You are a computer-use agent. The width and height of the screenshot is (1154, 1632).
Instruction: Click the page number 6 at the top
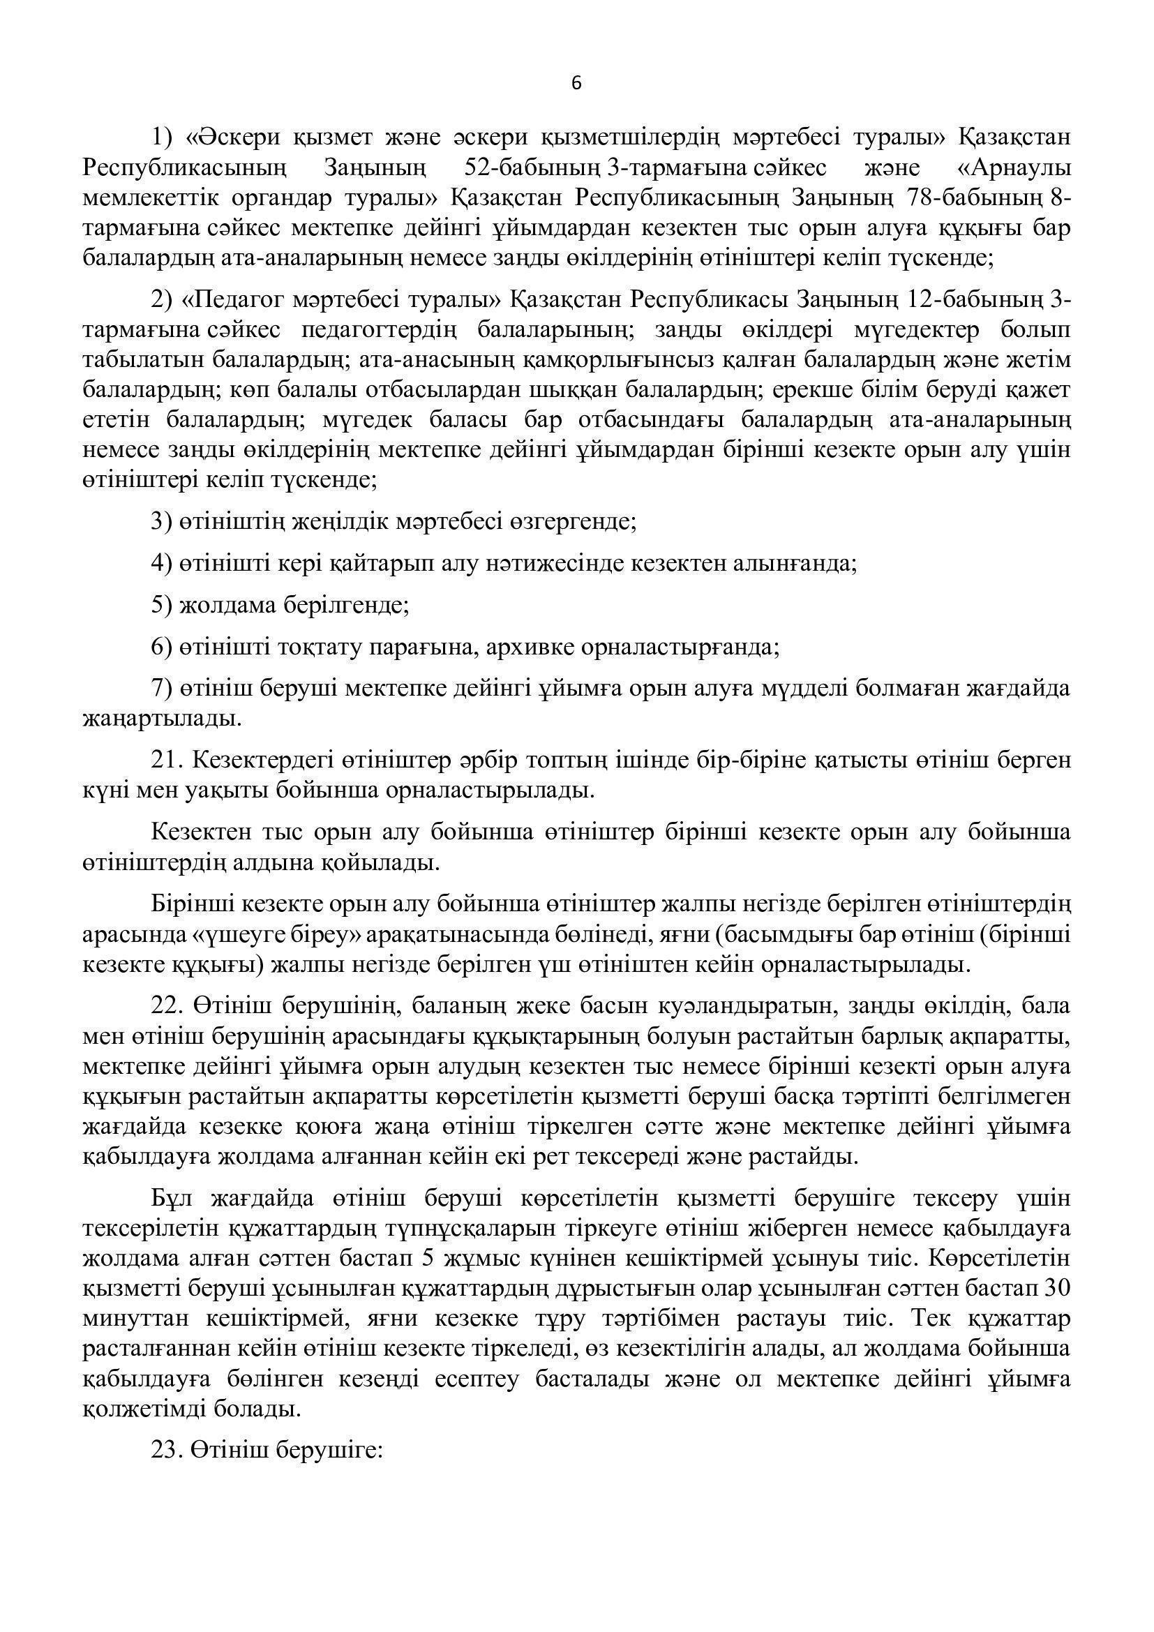point(576,84)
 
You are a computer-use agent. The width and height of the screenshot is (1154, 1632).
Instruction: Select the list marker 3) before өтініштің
point(162,522)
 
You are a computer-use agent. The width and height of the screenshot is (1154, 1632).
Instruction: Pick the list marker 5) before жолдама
point(162,606)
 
